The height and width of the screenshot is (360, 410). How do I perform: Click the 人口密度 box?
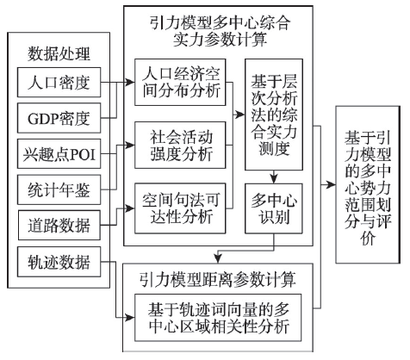click(59, 83)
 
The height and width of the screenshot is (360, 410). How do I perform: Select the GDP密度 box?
click(59, 118)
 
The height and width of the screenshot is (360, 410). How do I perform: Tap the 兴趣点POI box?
click(59, 153)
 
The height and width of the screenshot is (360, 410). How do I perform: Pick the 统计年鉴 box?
click(59, 189)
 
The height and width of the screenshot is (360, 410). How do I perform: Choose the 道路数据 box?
click(59, 225)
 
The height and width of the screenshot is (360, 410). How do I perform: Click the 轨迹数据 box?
click(59, 262)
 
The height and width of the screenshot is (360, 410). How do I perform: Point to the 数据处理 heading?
click(59, 53)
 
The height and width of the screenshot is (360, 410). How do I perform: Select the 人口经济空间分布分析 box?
click(180, 83)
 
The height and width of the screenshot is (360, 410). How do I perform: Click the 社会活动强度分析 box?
click(180, 146)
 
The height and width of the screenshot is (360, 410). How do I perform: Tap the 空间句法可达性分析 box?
click(180, 208)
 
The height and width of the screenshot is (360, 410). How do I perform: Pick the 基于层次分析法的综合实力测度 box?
click(274, 115)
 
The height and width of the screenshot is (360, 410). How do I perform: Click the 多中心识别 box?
click(274, 208)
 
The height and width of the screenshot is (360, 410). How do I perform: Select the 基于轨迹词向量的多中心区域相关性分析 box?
click(218, 318)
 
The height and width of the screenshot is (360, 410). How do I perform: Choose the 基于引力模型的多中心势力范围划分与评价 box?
click(368, 184)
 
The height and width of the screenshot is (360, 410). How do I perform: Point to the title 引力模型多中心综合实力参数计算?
click(219, 31)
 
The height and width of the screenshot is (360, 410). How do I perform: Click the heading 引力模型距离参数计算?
click(218, 279)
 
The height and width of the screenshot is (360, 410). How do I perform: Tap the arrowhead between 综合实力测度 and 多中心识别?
click(274, 178)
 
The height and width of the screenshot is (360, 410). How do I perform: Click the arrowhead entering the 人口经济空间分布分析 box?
click(130, 83)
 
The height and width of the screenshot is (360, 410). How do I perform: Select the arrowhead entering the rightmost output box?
click(331, 184)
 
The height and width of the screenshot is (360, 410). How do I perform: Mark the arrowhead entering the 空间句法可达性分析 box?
click(130, 208)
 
